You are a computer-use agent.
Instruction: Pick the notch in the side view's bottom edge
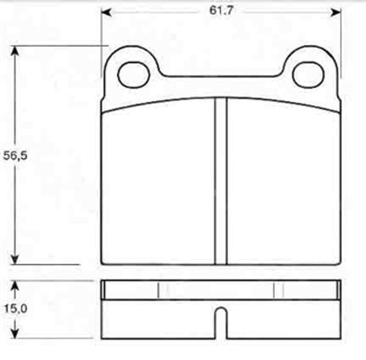click(221, 321)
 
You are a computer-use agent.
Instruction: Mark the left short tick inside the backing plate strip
click(159, 290)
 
